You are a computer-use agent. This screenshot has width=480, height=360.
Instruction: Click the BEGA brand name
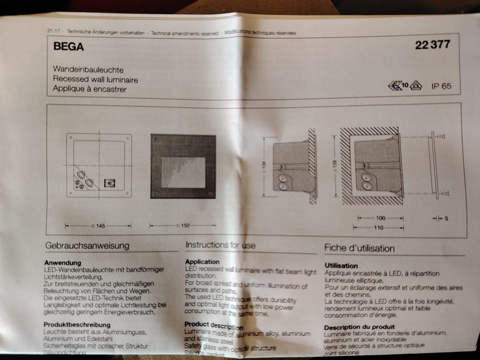pos(68,47)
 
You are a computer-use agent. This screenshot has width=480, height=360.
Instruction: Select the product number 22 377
pos(432,45)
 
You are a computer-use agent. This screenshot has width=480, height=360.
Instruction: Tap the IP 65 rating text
pos(441,86)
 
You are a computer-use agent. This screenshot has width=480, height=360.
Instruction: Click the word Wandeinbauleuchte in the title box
pos(88,70)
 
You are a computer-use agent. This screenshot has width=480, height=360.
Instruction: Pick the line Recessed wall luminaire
pos(95,79)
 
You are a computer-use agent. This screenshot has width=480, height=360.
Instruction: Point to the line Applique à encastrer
pos(89,89)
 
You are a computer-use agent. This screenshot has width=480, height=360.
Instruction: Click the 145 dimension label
pos(100,226)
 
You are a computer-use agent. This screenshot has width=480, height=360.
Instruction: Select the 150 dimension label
pos(185,226)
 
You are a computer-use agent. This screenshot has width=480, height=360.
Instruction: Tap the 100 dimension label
pos(381,218)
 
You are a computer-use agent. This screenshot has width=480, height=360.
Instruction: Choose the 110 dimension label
pos(378,228)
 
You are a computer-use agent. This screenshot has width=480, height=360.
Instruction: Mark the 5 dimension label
pos(446,218)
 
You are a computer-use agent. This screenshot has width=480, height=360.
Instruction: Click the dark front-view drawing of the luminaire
pos(183,166)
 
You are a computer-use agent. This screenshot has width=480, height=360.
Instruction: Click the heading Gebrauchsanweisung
pos(87,245)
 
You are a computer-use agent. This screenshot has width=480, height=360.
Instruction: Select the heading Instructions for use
pos(220,245)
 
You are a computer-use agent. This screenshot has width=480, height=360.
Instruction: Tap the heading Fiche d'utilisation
pos(359,248)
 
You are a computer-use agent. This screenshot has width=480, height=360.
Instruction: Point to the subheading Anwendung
pos(62,262)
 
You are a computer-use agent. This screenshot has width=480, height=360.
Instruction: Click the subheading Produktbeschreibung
pos(76,324)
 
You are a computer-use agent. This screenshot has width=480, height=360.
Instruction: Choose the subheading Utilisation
pos(341,265)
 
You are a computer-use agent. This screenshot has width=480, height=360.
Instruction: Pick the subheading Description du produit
pos(359,327)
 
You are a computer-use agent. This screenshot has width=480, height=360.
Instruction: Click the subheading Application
pos(202,261)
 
